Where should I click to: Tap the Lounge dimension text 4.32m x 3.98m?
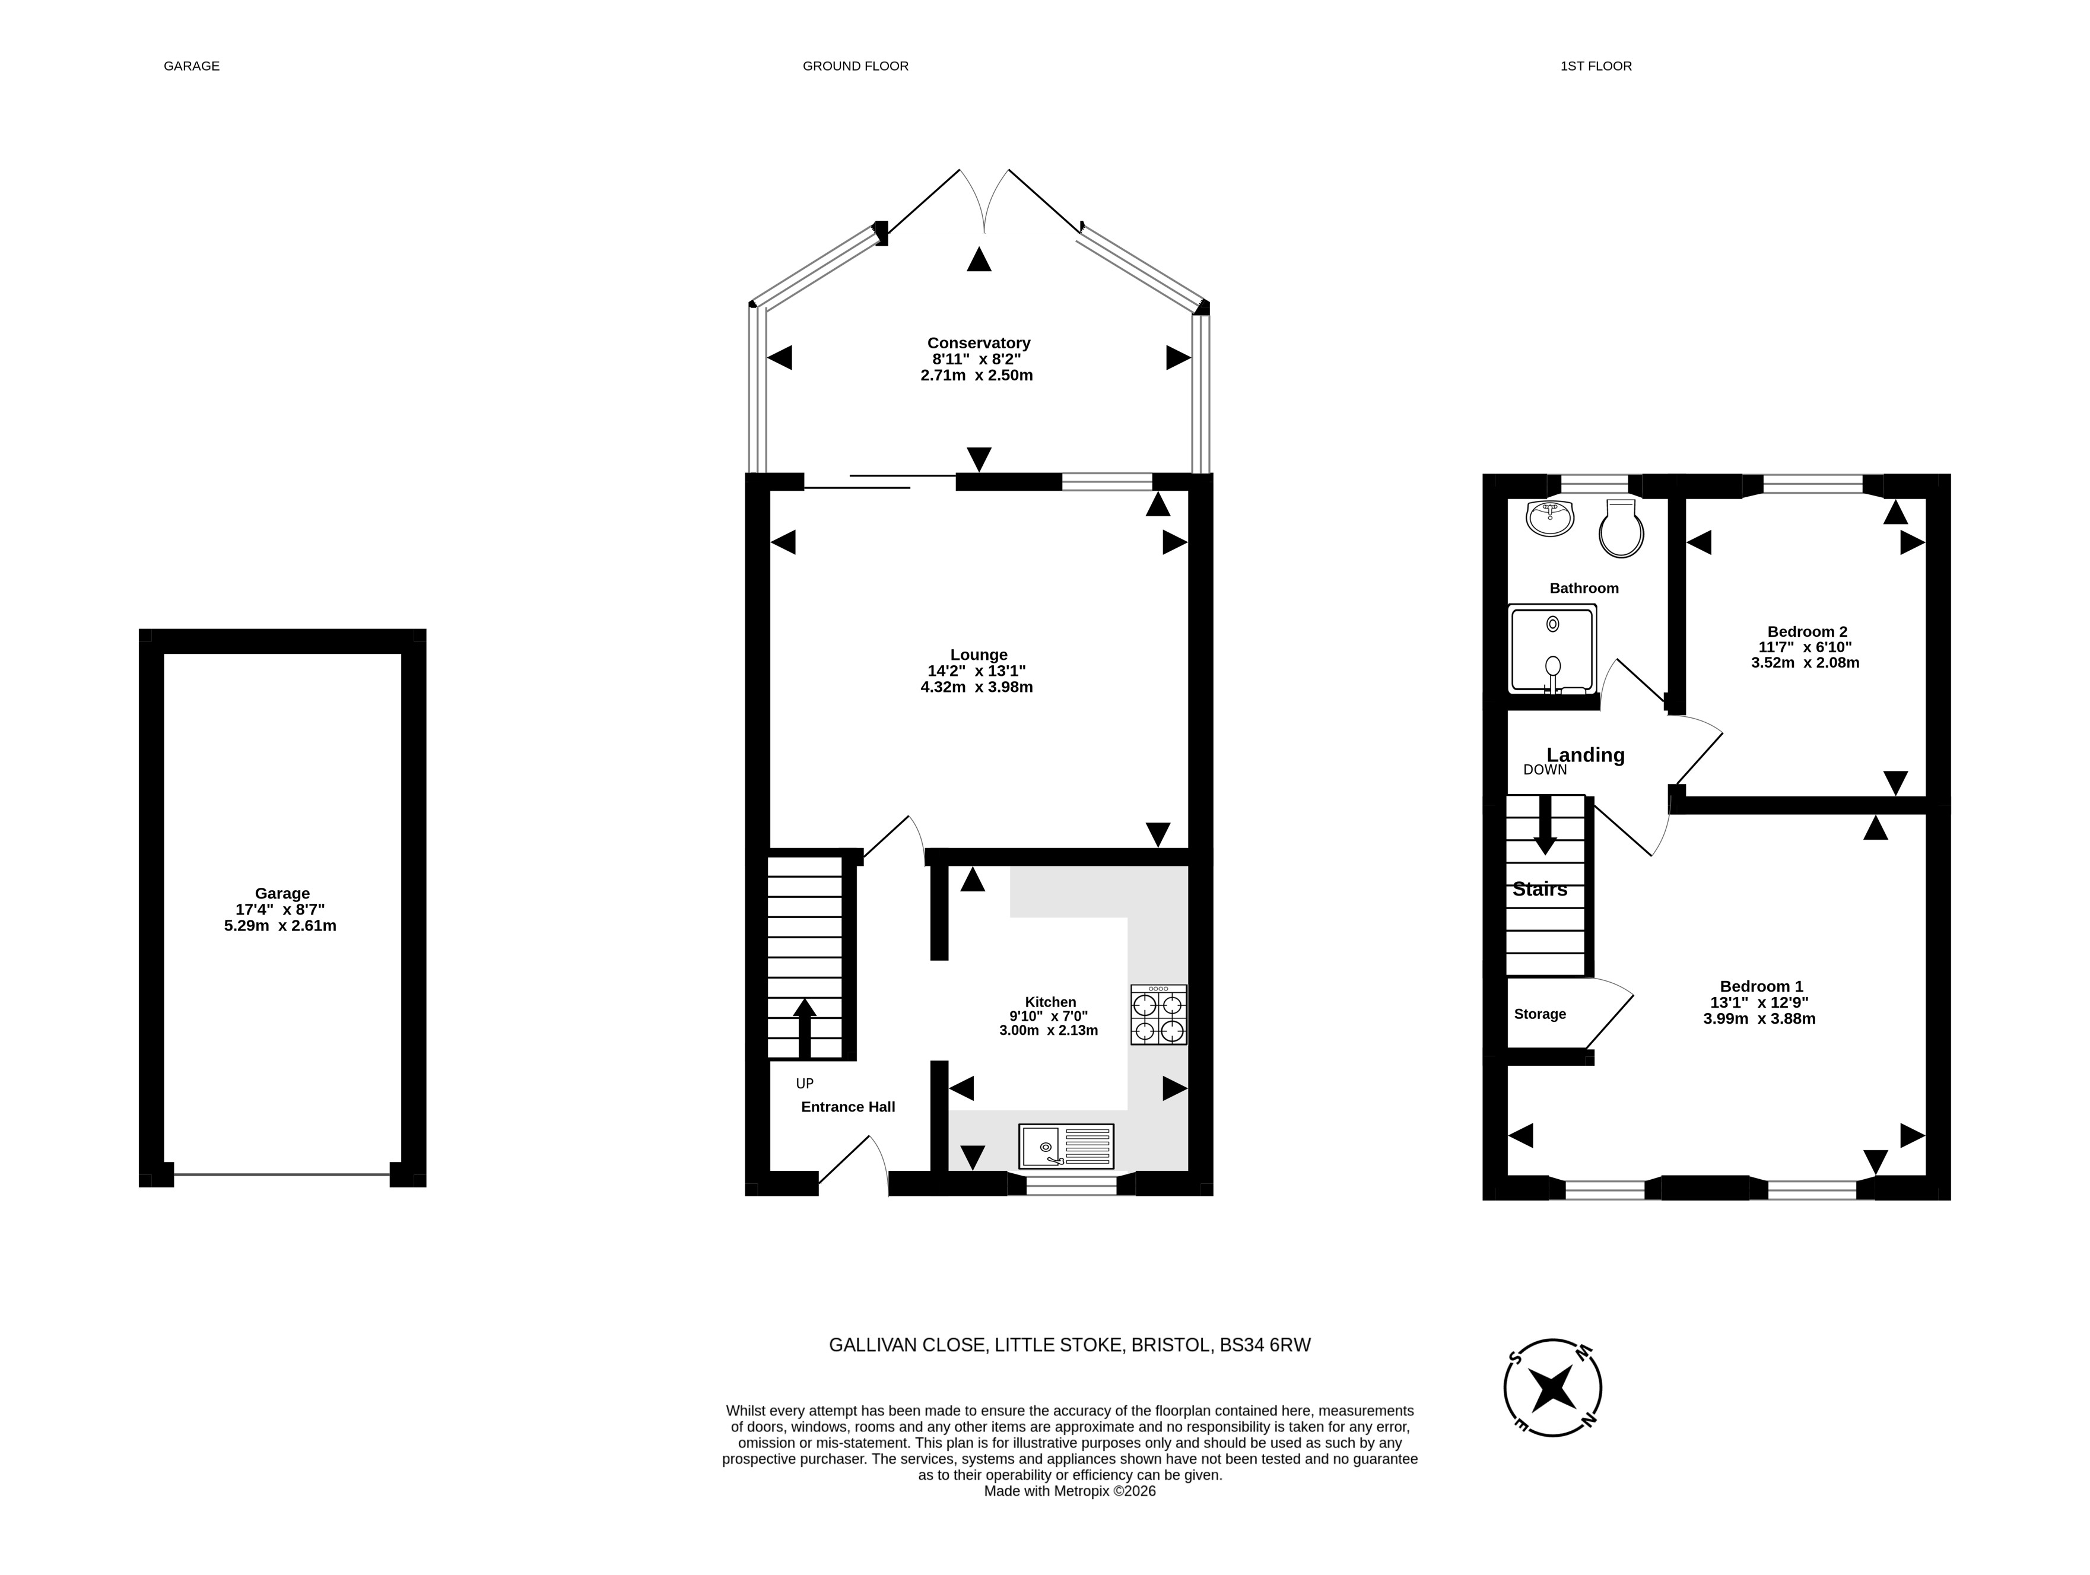[977, 687]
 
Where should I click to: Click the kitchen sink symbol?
[1066, 1146]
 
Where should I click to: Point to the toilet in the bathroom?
[1621, 528]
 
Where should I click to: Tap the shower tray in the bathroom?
[1551, 649]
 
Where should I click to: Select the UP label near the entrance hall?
[804, 1084]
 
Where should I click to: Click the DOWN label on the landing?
[1545, 770]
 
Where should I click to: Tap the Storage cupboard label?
[1540, 1014]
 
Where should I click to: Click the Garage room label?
[281, 893]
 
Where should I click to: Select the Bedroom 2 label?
[1806, 632]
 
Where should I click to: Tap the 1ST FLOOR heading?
[1596, 66]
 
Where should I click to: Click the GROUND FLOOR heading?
[855, 66]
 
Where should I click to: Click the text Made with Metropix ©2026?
[1069, 1491]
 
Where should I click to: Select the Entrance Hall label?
[847, 1106]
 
